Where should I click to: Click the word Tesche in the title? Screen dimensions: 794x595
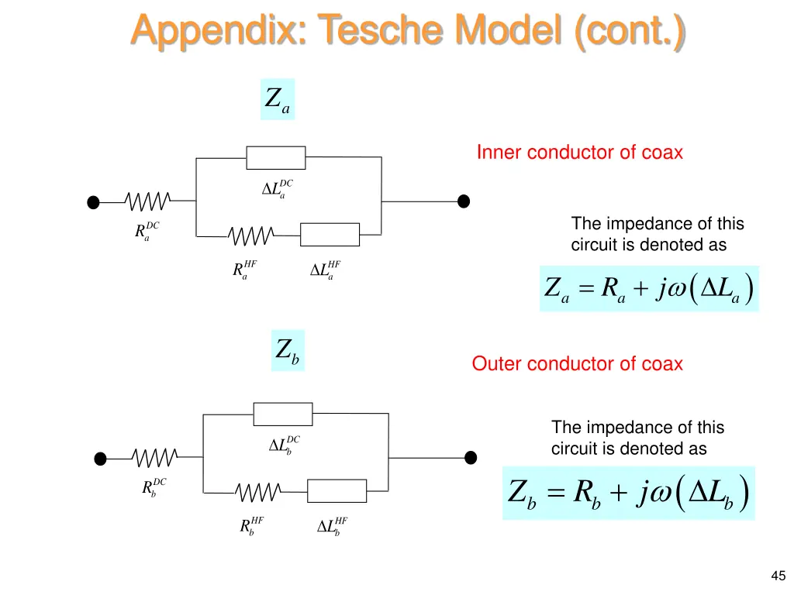380,29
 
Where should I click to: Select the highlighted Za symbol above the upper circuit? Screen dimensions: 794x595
278,99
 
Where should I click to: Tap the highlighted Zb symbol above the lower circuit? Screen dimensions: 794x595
288,350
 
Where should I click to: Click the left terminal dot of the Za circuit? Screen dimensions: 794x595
93,202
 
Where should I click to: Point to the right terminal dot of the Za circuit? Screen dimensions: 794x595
464,201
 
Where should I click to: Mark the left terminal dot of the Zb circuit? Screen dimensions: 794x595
100,459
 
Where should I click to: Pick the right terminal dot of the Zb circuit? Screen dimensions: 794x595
471,457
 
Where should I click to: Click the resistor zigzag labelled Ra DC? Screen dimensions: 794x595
147,201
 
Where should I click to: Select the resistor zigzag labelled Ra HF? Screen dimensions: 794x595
250,236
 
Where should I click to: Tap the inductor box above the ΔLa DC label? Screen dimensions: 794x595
276,158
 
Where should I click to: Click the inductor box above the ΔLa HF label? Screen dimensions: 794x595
330,235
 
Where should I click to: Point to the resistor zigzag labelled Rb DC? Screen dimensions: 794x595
154,457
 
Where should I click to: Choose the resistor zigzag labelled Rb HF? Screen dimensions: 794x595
257,492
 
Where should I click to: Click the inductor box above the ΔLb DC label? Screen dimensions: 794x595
283,414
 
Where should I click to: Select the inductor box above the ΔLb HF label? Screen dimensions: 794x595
337,490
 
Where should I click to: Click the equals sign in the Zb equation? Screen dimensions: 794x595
555,492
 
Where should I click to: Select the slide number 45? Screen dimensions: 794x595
778,576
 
